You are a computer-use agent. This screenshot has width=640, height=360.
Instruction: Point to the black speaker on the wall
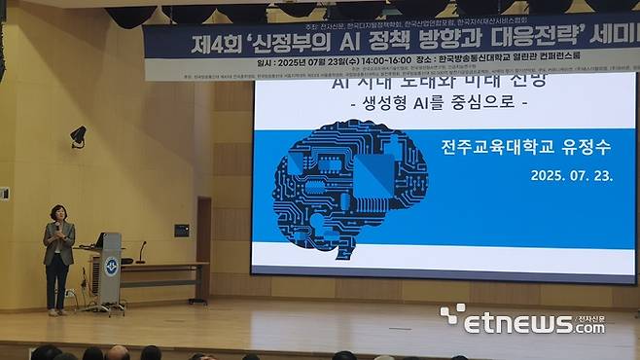click(78, 136)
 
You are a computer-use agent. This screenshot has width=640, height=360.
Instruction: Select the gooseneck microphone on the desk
click(140, 252)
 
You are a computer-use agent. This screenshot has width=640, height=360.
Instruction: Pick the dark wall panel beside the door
click(182, 231)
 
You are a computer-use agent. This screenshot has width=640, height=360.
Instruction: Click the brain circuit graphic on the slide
click(349, 189)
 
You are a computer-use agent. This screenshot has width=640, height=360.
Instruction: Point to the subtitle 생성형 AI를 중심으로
click(431, 101)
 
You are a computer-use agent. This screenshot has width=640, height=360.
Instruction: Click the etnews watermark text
click(530, 323)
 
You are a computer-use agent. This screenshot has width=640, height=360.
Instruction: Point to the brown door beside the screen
click(203, 248)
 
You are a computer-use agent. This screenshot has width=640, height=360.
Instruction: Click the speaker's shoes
click(57, 311)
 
